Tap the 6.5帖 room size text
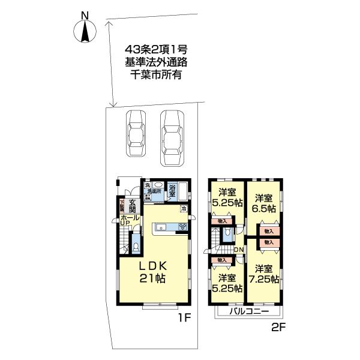263,209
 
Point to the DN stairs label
238,250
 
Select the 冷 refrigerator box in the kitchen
183,209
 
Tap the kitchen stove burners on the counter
181,227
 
